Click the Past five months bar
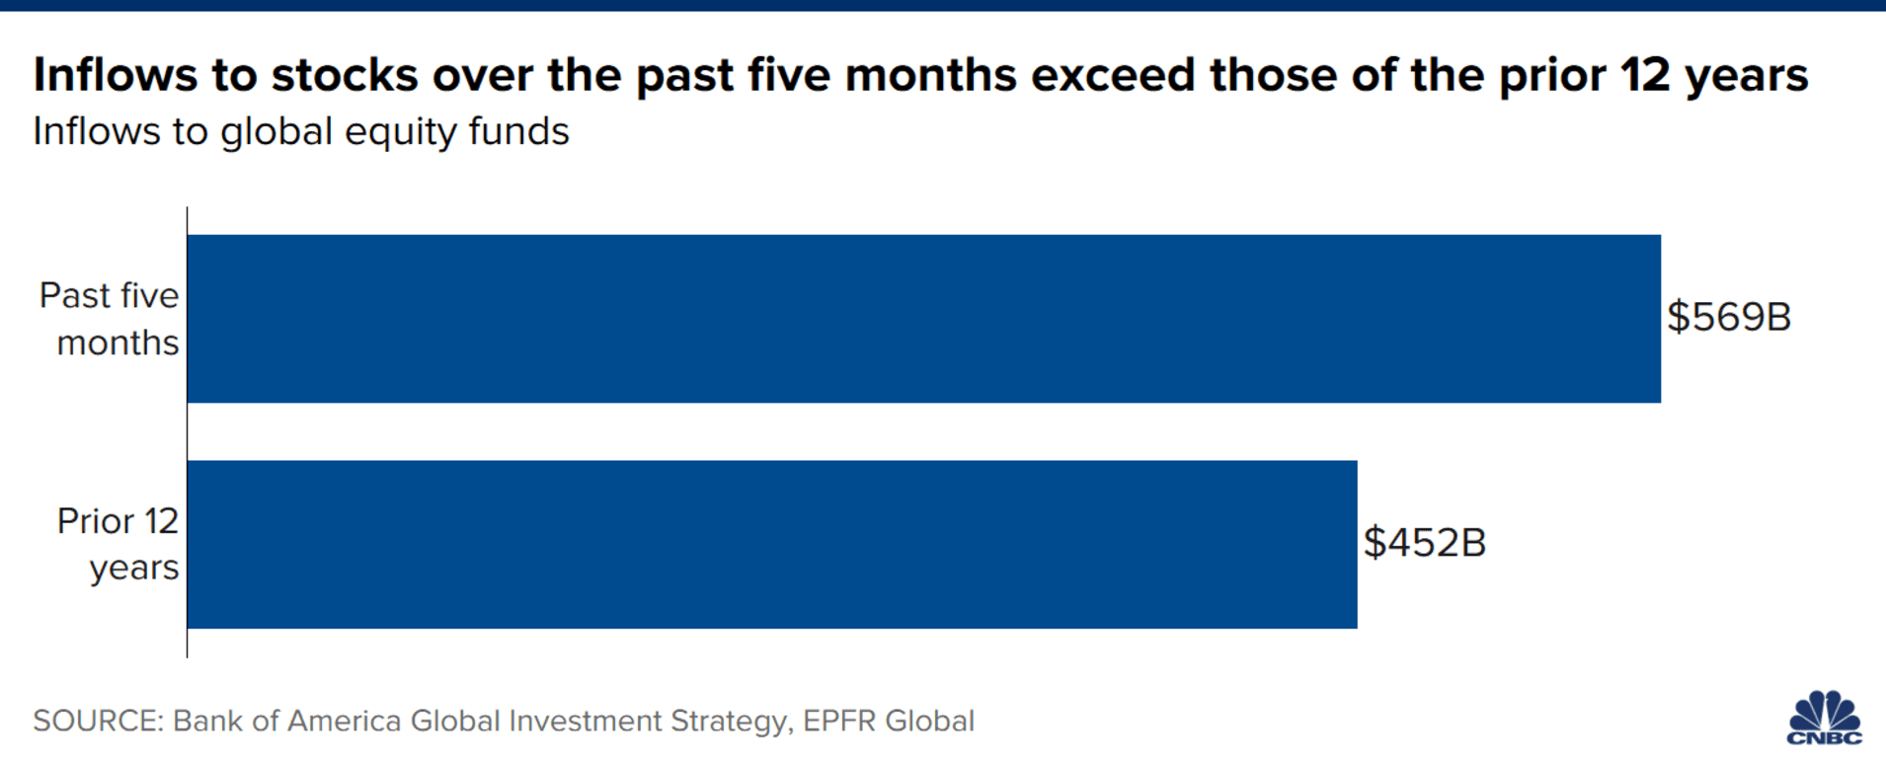(923, 318)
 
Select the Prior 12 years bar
(771, 544)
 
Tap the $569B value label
(1728, 317)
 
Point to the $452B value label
(1424, 543)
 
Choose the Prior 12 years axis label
(118, 544)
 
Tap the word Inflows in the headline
(115, 75)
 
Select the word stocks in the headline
(345, 75)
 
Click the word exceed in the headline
(1113, 75)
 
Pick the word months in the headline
(930, 75)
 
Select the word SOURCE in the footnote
(96, 721)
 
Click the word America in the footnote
(344, 721)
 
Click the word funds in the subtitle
(519, 132)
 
